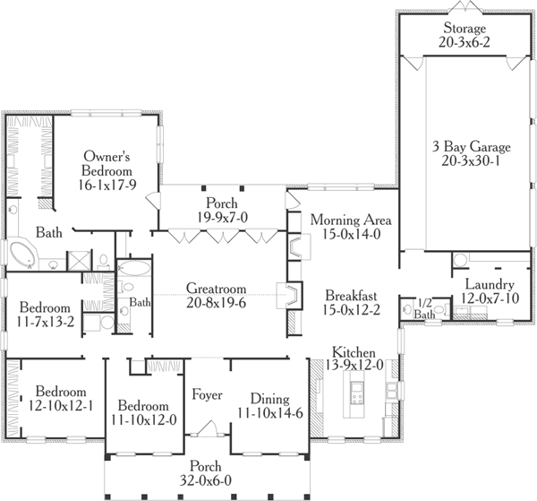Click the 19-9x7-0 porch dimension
point(221,217)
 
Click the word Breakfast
point(351,296)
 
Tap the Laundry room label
point(488,285)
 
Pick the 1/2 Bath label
point(426,307)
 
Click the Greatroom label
point(216,289)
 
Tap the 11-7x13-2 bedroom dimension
point(45,319)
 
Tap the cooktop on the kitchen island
point(357,391)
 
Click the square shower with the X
point(78,261)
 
